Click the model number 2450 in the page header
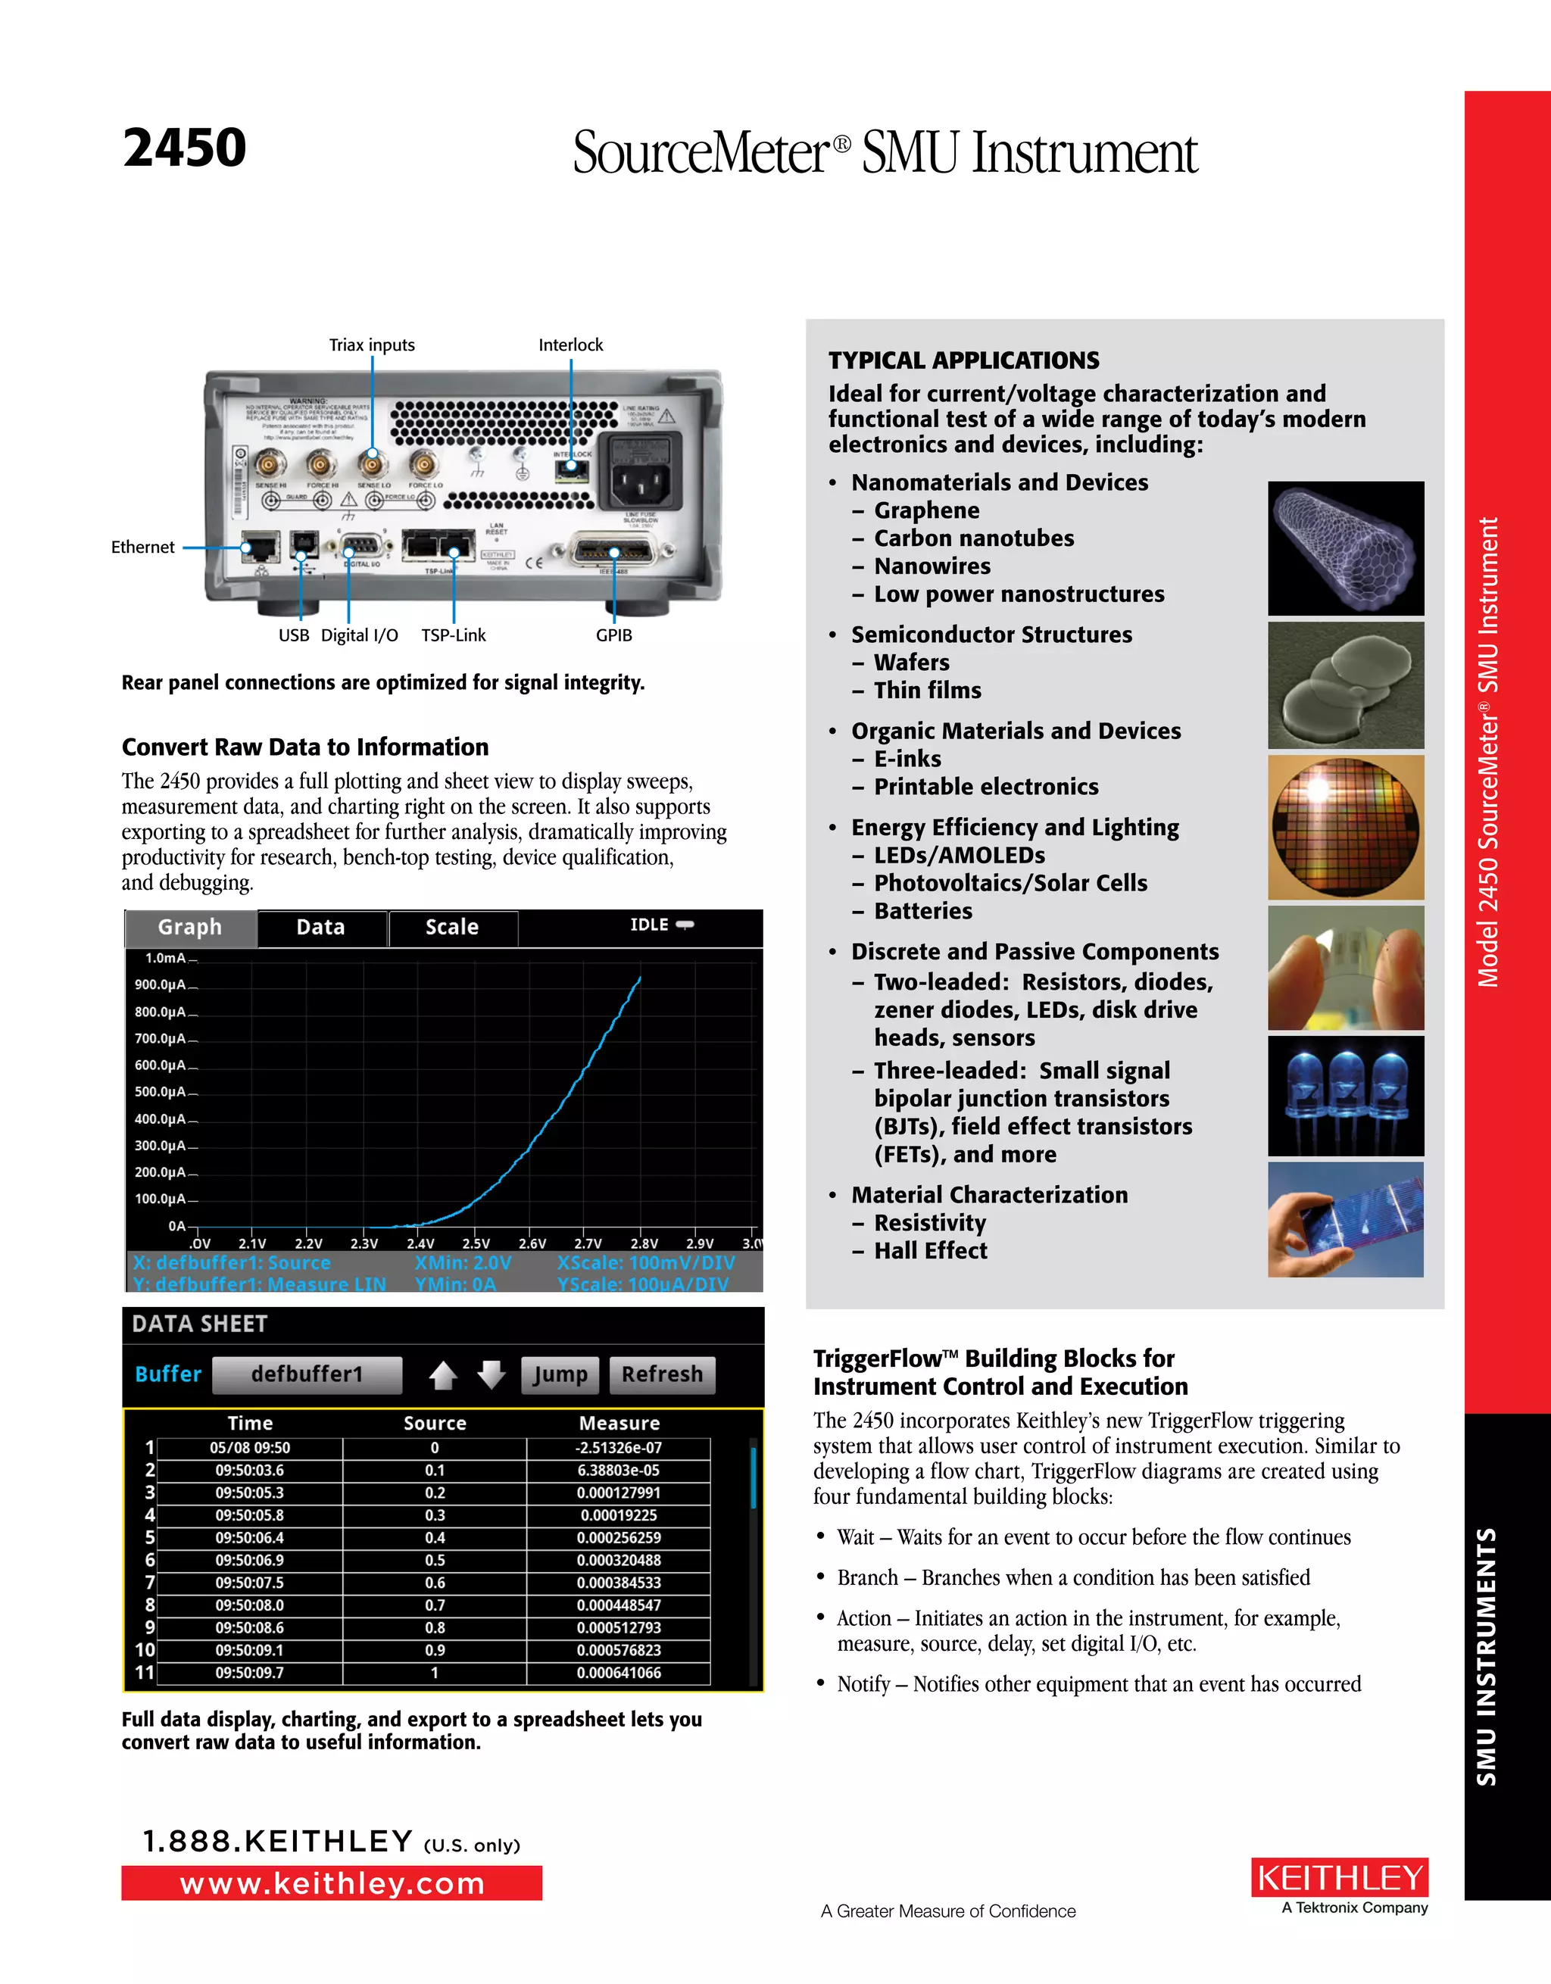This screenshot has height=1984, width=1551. [185, 148]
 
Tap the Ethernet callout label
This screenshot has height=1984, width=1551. [142, 547]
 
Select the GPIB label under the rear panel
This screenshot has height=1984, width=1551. [613, 635]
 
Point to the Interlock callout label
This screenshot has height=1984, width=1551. [570, 345]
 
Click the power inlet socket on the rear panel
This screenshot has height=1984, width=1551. [643, 473]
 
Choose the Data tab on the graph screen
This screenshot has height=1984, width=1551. [321, 928]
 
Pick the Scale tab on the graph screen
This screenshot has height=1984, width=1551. [451, 928]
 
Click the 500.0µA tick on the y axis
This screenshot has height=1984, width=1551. [161, 1092]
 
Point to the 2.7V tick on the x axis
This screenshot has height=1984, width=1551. [588, 1243]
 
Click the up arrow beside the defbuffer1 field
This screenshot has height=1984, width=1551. [442, 1374]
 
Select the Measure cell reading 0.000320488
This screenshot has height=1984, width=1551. [619, 1561]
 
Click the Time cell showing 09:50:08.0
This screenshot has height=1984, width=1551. [250, 1605]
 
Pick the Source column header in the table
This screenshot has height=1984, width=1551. [434, 1424]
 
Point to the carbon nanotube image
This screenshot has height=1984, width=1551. [1346, 547]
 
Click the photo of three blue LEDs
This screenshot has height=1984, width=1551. [1346, 1096]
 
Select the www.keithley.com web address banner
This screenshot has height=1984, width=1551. [332, 1884]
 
